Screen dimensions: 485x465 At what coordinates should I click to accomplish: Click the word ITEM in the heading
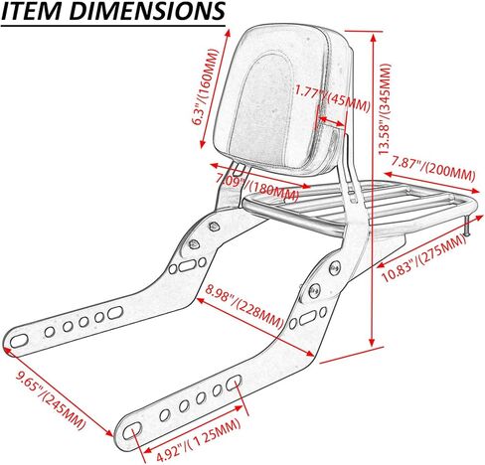point(32,11)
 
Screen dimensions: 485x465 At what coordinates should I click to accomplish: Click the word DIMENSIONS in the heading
point(147,11)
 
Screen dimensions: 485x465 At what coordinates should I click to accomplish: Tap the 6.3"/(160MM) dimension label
point(206,86)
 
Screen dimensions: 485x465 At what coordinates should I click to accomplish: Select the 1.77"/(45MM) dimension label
point(332,98)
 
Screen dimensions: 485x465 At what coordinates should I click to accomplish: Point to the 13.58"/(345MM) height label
point(385,109)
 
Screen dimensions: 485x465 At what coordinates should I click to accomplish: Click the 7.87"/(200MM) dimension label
point(433,169)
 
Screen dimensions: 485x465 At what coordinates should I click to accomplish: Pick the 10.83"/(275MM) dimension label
point(424,257)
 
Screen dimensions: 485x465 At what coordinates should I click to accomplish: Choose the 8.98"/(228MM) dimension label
point(244,306)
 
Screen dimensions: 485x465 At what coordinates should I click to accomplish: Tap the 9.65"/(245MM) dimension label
point(52,400)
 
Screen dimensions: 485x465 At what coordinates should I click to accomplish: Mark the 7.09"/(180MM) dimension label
point(257,187)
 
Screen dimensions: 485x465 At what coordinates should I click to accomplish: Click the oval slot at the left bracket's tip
point(19,341)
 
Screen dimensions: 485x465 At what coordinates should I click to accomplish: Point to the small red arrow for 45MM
point(332,121)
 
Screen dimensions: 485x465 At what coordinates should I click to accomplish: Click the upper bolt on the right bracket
point(335,268)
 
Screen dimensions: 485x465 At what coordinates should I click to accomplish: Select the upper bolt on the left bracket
point(214,227)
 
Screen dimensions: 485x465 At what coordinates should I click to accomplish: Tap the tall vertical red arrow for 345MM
point(373,190)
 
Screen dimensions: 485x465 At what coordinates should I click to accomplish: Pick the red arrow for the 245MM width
point(58,391)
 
